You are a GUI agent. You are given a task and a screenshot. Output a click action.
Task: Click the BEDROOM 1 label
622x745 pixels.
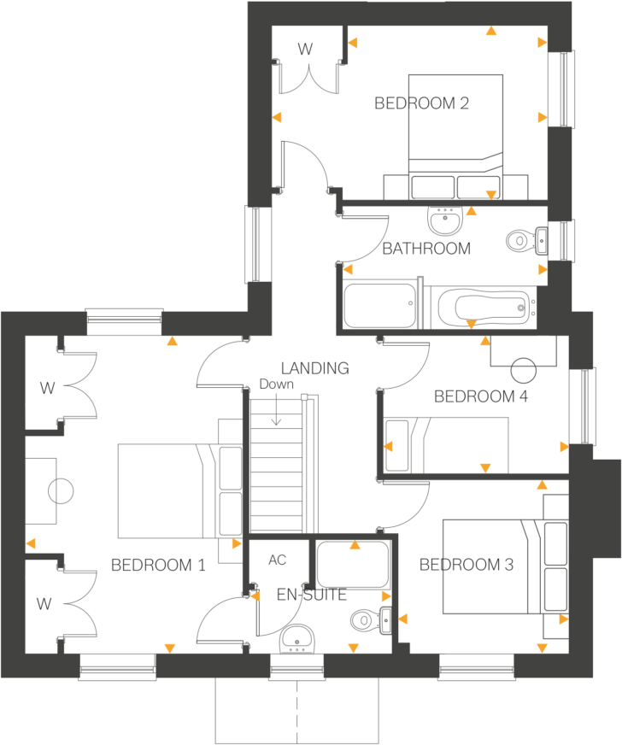pos(158,565)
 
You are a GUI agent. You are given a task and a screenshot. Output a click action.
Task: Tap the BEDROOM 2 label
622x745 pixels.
pos(422,104)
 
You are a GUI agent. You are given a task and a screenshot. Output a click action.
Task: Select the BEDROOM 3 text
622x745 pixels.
pos(466,565)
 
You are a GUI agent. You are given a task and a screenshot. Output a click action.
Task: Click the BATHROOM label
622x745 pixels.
pos(426,249)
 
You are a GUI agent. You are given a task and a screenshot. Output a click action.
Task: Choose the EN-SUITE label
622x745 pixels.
pos(312,595)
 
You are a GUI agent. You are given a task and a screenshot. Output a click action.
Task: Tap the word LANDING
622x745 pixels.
pos(314,368)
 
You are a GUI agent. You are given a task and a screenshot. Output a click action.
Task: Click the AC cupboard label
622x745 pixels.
pos(277,560)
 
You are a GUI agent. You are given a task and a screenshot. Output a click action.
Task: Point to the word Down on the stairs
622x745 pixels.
pos(276,385)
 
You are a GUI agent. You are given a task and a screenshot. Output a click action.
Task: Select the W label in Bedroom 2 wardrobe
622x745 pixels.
pos(304,50)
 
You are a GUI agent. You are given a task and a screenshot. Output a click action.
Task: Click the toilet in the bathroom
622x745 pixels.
pos(520,242)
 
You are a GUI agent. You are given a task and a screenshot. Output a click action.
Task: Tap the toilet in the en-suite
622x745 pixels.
pos(367,618)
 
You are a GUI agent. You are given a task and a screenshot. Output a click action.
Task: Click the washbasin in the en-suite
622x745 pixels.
pos(295,636)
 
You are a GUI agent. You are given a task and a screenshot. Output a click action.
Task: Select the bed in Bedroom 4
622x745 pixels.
pos(446,444)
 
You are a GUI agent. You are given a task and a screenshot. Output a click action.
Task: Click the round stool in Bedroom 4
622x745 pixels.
pos(522,369)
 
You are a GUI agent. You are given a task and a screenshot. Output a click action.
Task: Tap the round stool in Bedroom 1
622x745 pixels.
pos(61,491)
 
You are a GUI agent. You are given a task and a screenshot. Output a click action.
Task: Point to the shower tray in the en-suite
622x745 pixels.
pos(352,565)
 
